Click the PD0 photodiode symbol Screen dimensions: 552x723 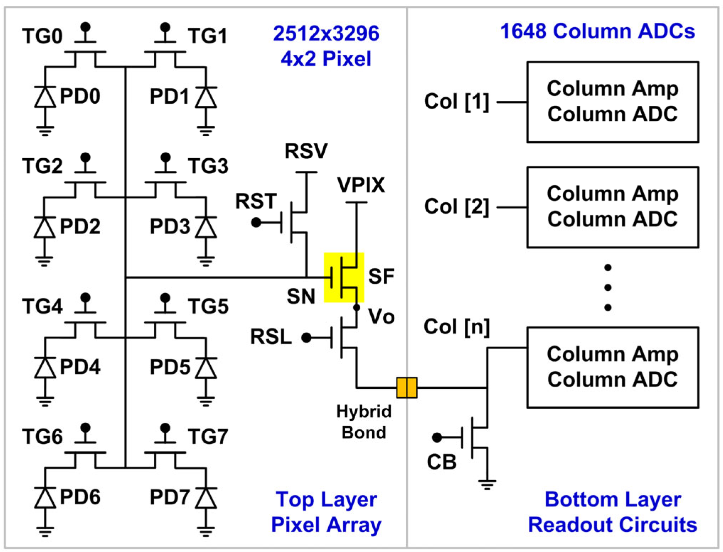[x=45, y=97]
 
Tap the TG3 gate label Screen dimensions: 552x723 [x=208, y=166]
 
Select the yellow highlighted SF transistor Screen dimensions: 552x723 [x=344, y=277]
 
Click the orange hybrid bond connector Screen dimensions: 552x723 [x=406, y=387]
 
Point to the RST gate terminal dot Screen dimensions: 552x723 [x=256, y=223]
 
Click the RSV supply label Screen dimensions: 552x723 [x=306, y=151]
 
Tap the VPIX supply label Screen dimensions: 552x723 [x=361, y=185]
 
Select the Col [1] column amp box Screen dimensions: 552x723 [x=612, y=102]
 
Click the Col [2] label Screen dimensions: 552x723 [x=456, y=207]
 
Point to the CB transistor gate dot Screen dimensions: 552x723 [x=437, y=437]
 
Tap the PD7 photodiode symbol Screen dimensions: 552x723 [x=206, y=498]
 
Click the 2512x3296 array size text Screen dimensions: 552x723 [x=326, y=33]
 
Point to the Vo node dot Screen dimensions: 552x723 [x=357, y=307]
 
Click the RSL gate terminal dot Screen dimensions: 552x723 [x=306, y=338]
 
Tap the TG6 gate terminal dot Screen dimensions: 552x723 [x=85, y=427]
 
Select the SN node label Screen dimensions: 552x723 [x=301, y=296]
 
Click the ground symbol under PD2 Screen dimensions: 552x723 [x=44, y=262]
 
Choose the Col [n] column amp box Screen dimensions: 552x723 [x=612, y=367]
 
